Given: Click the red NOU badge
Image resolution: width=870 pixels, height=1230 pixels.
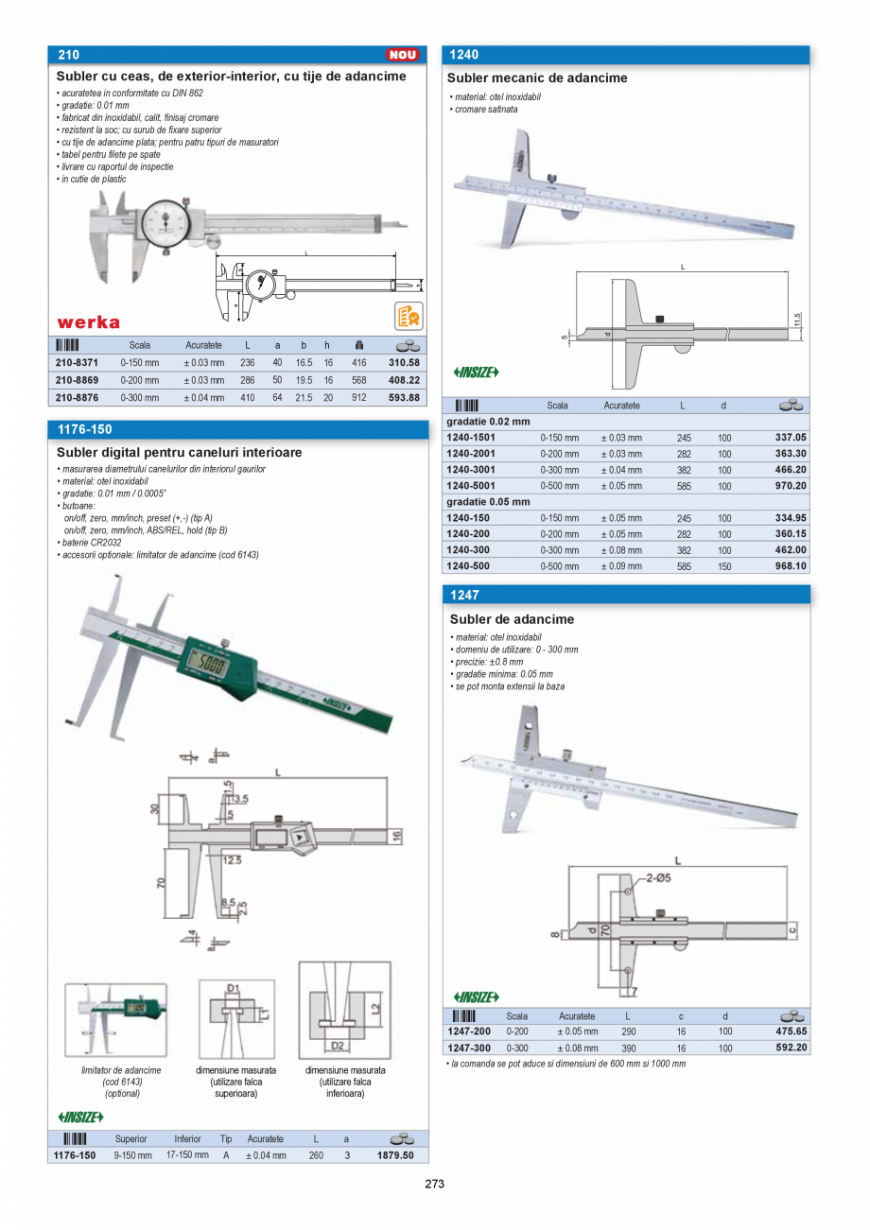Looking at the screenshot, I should pos(403,55).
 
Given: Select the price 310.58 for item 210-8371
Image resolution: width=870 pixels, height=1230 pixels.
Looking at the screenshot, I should pos(404,362).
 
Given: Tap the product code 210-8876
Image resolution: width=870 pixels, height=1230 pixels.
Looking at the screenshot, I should pos(77,397).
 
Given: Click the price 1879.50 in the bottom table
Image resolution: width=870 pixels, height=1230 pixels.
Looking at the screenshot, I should pos(395,1155).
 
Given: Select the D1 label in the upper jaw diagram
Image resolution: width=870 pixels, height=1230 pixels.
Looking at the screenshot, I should pos(234,988).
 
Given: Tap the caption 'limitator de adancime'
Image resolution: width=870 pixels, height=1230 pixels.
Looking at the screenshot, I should pos(122,1070).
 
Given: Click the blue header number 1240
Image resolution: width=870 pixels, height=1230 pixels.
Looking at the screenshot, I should pos(464,55).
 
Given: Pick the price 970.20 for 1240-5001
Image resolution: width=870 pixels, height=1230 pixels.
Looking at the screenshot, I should pos(788,486).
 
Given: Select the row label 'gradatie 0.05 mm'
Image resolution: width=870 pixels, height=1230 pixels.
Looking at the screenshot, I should pos(488,502).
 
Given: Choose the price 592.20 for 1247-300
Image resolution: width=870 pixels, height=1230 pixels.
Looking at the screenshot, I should pos(788,1048).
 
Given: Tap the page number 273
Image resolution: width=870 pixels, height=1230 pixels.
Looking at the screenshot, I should pos(434,1184).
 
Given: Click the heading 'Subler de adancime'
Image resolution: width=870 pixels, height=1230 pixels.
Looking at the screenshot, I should pos(512,619).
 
